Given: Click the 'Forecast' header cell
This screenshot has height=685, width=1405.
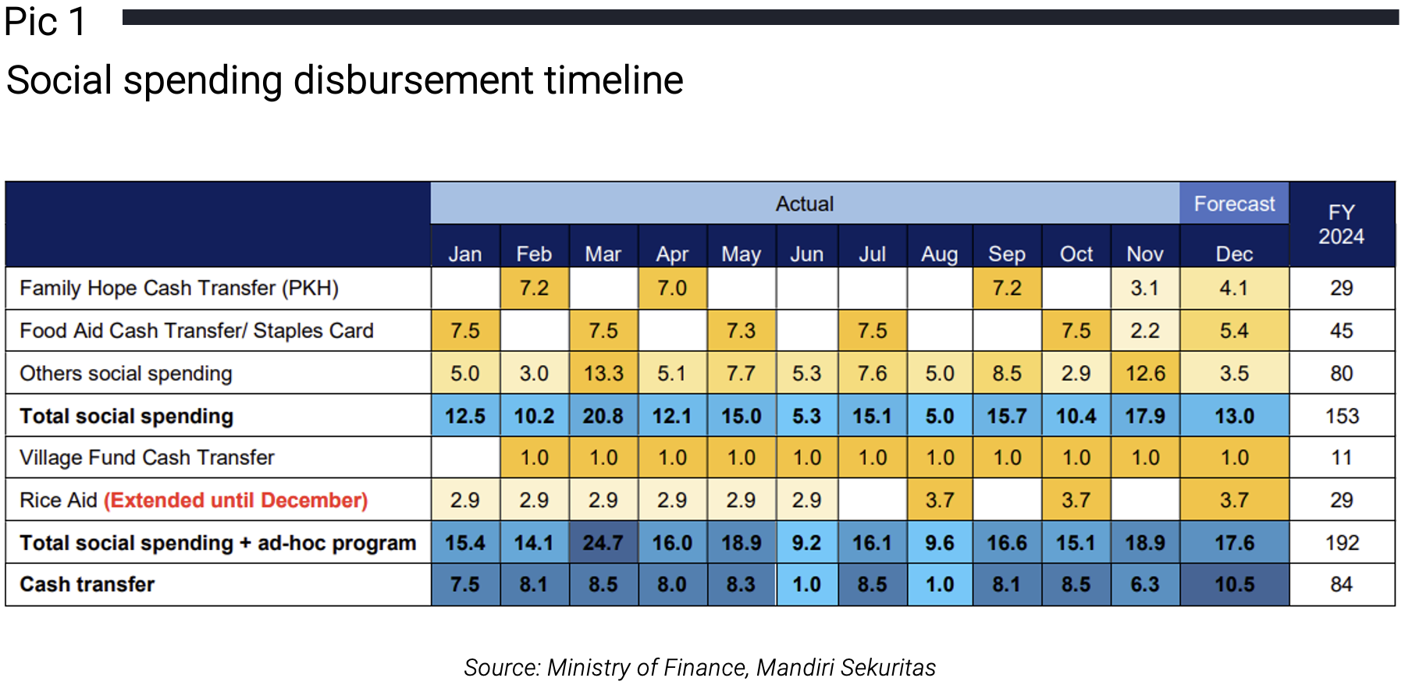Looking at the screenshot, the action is click(1234, 204).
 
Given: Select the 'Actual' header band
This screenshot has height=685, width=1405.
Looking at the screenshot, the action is click(805, 204).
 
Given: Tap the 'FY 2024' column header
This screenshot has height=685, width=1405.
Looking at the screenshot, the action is click(1342, 225).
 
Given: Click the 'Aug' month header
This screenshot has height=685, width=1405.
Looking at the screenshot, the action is click(940, 254).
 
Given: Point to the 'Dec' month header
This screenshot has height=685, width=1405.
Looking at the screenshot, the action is click(1234, 254).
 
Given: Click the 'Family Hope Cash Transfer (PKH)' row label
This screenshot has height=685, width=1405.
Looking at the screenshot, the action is click(180, 289).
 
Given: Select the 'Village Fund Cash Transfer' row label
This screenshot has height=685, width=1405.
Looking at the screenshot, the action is click(148, 458).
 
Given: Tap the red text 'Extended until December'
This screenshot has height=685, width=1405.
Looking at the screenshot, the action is click(236, 500).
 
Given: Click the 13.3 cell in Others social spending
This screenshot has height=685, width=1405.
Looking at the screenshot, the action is click(603, 373).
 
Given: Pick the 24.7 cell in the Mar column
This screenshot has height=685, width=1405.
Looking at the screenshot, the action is click(603, 542).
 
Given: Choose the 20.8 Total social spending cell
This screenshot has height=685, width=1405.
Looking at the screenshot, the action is click(603, 416).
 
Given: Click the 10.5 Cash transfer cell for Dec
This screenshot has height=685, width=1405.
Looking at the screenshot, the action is click(1234, 584).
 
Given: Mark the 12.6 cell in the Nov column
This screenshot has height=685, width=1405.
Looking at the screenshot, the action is click(1145, 373).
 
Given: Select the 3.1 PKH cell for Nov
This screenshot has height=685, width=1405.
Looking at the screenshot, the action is click(1145, 289).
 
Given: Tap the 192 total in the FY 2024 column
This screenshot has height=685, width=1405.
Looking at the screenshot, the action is click(1342, 542).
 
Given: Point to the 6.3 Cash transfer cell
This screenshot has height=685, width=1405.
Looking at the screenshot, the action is click(1145, 584).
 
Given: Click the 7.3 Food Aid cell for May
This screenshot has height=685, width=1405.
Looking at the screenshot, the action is click(741, 331).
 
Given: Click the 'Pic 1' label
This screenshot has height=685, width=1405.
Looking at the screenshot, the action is click(45, 22).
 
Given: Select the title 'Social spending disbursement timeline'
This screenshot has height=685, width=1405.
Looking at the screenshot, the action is click(344, 80).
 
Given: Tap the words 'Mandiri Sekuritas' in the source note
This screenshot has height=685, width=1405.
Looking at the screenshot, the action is click(846, 668).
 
